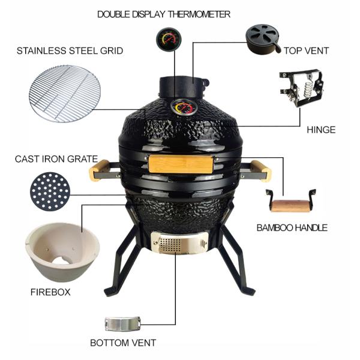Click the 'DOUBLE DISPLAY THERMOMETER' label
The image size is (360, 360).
click(x=163, y=14)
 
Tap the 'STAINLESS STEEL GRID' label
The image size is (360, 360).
click(x=70, y=51)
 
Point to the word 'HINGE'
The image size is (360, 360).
click(x=320, y=130)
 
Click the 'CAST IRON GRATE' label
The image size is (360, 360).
click(x=56, y=159)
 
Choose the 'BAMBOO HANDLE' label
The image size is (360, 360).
click(x=292, y=227)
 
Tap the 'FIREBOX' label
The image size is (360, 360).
click(x=50, y=292)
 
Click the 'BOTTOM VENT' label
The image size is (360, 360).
click(x=123, y=343)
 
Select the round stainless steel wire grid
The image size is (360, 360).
click(x=66, y=94)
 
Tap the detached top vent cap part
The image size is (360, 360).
click(x=263, y=37)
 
